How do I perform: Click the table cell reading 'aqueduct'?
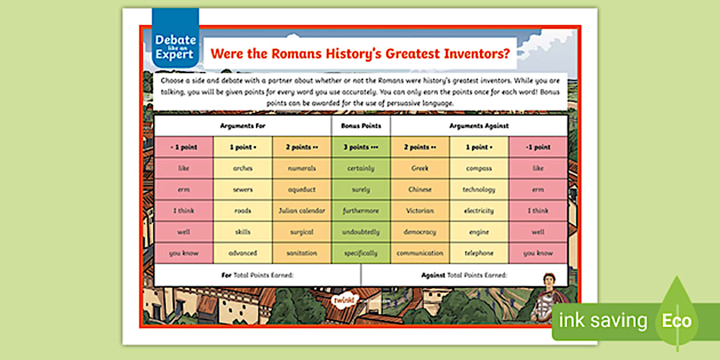(302, 190)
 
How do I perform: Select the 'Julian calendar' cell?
(302, 211)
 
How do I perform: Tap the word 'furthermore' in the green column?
(361, 211)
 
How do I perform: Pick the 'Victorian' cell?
(420, 211)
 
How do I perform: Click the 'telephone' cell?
(479, 253)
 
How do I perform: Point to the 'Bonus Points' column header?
(361, 126)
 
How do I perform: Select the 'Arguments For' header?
(242, 126)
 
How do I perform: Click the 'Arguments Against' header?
(479, 126)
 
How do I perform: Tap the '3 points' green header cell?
(361, 147)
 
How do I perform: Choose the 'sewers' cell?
(242, 190)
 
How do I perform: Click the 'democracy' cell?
(420, 232)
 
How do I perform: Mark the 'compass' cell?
(479, 169)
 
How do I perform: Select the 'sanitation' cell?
(302, 253)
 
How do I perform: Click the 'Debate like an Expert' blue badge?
(175, 46)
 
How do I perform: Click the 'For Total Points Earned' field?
(257, 275)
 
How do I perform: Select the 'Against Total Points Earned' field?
(464, 275)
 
